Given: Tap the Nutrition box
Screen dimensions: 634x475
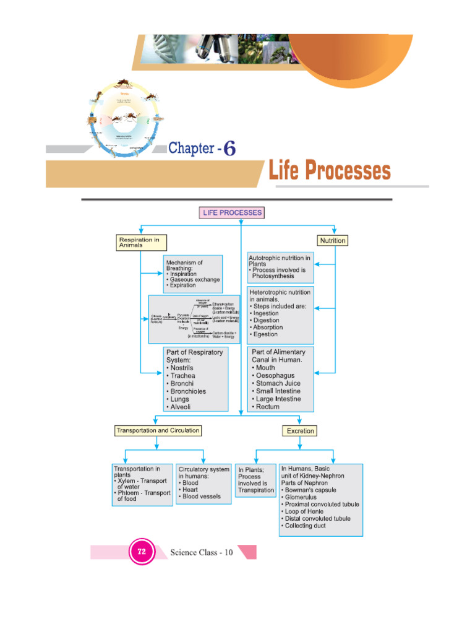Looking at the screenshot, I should [x=333, y=240].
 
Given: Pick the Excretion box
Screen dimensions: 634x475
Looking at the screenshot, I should [x=300, y=430].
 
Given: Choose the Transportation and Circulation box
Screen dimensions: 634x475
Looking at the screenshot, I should [x=158, y=430].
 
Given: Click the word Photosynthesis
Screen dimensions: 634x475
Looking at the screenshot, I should [x=273, y=277].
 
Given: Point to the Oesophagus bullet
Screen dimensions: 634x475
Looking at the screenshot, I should [x=275, y=375].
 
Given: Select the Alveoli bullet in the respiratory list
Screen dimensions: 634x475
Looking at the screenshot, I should [x=179, y=407].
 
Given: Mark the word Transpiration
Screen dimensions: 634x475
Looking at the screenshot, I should [x=256, y=490].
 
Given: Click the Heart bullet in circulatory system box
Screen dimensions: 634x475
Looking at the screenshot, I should [x=190, y=489].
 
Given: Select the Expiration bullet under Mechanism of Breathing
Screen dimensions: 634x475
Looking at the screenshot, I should [x=182, y=285].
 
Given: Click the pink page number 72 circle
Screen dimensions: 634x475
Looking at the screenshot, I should [x=142, y=552].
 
